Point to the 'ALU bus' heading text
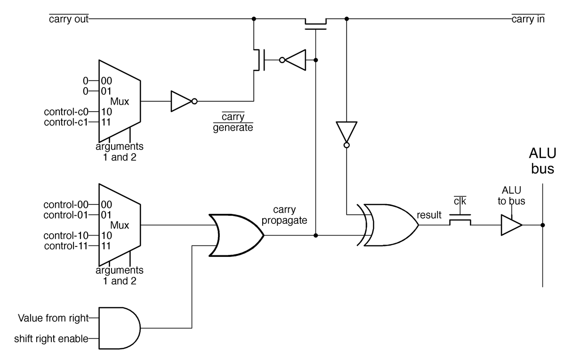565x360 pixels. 542,161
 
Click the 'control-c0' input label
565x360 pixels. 66,112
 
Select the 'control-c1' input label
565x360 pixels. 66,122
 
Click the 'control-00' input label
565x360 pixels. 65,205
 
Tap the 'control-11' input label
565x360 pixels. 66,245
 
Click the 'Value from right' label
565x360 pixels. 53,318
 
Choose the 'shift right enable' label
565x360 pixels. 51,338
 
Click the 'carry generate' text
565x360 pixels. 233,122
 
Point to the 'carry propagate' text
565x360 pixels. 284,215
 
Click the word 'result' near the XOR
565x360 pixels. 429,215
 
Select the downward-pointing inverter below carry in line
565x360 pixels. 347,134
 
